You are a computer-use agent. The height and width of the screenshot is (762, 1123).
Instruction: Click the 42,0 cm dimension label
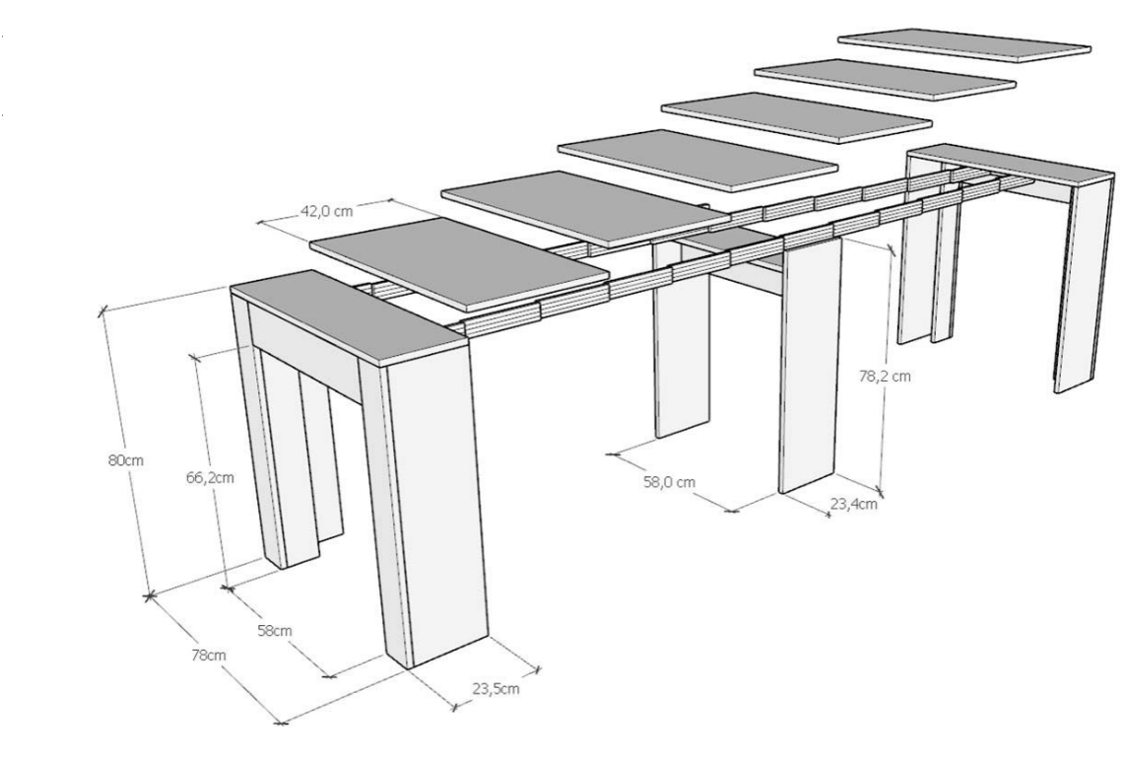tap(327, 212)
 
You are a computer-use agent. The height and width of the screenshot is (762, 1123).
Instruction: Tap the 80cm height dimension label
tap(126, 460)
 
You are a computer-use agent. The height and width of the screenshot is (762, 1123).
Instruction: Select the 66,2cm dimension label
tap(210, 477)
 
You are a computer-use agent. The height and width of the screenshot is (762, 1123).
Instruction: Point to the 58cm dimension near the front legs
tap(274, 631)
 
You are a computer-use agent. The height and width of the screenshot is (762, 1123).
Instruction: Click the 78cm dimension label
tap(209, 655)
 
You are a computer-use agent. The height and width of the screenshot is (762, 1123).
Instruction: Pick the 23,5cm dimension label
tap(495, 689)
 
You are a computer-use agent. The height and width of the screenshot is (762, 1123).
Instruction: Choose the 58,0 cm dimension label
tap(669, 482)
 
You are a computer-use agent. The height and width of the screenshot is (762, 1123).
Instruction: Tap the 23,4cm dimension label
tap(854, 504)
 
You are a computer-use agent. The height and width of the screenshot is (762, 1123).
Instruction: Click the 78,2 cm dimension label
tap(885, 375)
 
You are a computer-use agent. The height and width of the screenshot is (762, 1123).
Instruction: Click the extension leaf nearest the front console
tap(459, 264)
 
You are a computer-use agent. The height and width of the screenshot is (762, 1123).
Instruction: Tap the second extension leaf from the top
tap(885, 80)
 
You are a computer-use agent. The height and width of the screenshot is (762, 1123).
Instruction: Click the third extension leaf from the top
tap(796, 117)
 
